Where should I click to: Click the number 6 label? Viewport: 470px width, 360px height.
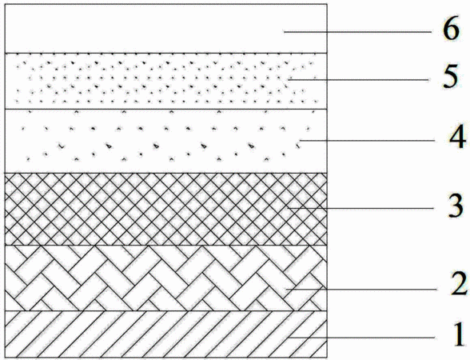click(451, 30)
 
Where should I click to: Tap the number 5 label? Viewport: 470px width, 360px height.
click(451, 77)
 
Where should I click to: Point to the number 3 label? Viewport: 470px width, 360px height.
click(456, 206)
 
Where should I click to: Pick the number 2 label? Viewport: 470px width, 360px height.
click(459, 282)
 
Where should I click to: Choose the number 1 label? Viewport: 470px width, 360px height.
click(459, 335)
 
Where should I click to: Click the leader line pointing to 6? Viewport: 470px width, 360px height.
click(357, 31)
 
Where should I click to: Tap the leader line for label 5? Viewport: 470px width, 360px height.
click(358, 79)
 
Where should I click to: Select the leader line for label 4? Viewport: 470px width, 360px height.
click(367, 141)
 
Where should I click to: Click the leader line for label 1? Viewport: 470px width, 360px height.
click(362, 338)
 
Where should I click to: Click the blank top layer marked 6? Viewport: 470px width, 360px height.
click(165, 29)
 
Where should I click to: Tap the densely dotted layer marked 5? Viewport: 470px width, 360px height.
click(165, 81)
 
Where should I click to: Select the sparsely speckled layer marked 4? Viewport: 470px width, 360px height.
click(165, 141)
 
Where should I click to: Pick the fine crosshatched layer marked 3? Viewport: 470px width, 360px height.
click(165, 209)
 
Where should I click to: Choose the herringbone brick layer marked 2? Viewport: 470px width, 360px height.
click(165, 278)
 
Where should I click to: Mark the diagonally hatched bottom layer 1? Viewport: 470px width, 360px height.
click(165, 334)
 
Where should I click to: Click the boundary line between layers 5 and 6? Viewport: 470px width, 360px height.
click(165, 54)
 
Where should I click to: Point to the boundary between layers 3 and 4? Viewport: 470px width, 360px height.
click(165, 173)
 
